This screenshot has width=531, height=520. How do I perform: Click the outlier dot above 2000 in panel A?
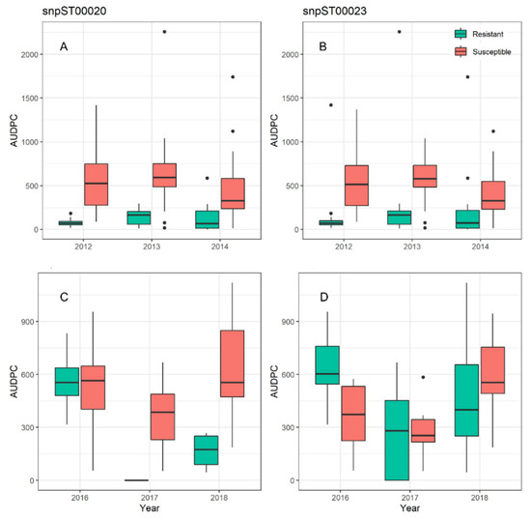coord(164,32)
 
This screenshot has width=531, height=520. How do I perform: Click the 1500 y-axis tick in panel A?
coord(33,98)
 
